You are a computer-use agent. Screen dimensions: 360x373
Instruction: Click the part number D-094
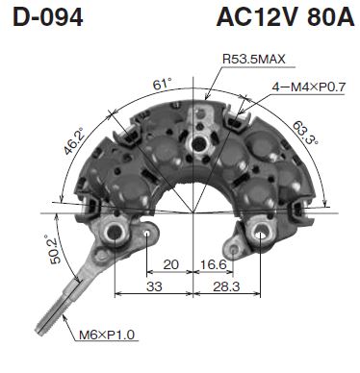[48, 17]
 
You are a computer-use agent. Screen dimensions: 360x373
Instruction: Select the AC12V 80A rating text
[285, 17]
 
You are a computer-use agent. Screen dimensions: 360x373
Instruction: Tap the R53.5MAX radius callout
[253, 59]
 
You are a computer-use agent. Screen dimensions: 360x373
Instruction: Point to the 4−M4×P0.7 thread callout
[308, 87]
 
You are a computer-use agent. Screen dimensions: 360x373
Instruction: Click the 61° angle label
[162, 84]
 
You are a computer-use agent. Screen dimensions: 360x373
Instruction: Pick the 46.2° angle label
[73, 141]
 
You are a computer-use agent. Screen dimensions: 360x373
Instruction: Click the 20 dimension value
[170, 265]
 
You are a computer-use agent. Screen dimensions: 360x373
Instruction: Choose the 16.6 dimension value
[214, 265]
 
